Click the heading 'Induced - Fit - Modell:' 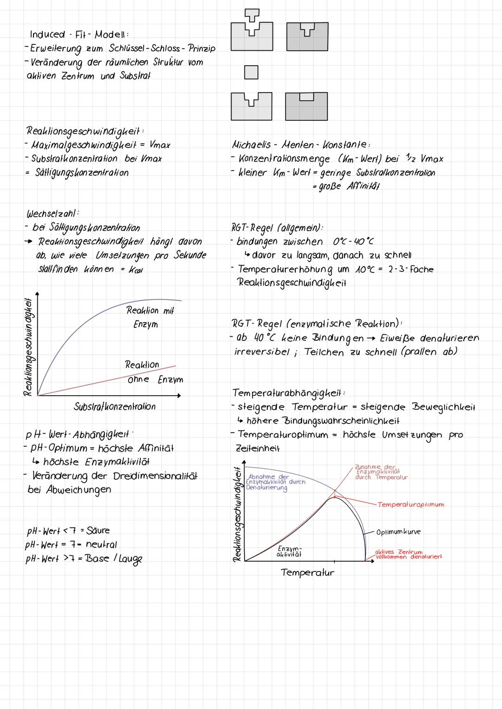pyautogui.click(x=79, y=35)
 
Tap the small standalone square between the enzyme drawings pyautogui.click(x=251, y=72)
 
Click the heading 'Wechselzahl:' pyautogui.click(x=53, y=214)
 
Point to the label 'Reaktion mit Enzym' pyautogui.click(x=149, y=317)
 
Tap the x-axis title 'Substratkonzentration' pyautogui.click(x=115, y=407)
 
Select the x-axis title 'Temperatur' pyautogui.click(x=307, y=573)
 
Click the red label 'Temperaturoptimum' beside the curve pyautogui.click(x=410, y=504)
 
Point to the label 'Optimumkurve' pyautogui.click(x=398, y=532)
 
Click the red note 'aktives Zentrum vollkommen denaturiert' pyautogui.click(x=408, y=554)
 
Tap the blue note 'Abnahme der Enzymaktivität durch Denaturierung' pyautogui.click(x=275, y=482)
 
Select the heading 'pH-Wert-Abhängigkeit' pyautogui.click(x=77, y=435)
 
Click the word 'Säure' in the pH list pyautogui.click(x=98, y=530)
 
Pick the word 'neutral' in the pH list pyautogui.click(x=101, y=544)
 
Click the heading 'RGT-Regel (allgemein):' pyautogui.click(x=277, y=228)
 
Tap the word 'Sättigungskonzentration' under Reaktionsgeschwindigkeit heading pyautogui.click(x=82, y=172)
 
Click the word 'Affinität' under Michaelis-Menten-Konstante pyautogui.click(x=363, y=186)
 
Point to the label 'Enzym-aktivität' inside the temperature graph pyautogui.click(x=289, y=551)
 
